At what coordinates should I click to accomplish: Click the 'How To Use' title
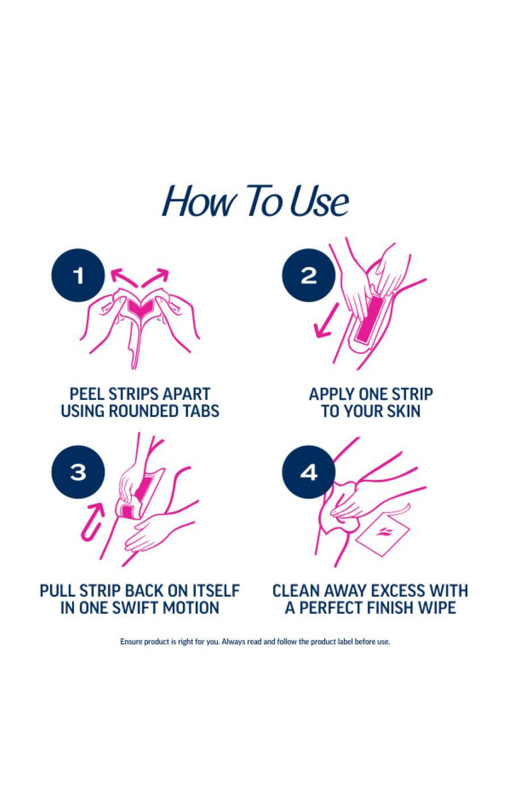pos(255,201)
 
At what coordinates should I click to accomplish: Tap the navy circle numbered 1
pos(78,276)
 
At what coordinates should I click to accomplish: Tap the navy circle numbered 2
pos(308,276)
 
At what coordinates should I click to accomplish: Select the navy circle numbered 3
pos(78,472)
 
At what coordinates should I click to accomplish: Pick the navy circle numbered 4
pos(308,472)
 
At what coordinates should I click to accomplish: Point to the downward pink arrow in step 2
pos(326,321)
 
